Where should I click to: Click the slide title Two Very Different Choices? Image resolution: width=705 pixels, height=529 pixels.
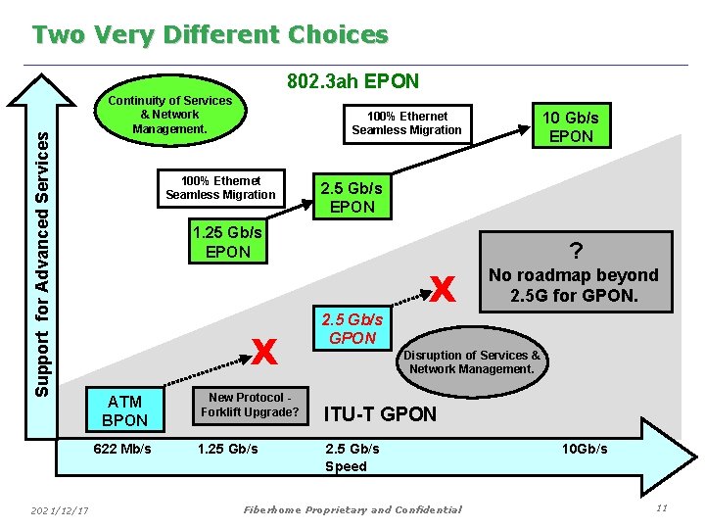tap(210, 35)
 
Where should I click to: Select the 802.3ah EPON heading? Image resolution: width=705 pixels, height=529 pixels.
tap(352, 81)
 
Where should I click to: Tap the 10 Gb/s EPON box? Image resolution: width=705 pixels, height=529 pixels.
tap(571, 126)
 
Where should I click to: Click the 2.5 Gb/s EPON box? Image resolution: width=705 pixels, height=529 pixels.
tap(352, 197)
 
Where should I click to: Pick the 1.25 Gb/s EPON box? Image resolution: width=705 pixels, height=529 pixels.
tap(228, 242)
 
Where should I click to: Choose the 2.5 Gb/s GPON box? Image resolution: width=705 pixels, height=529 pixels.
tap(352, 329)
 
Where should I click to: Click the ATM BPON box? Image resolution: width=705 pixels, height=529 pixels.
tap(124, 410)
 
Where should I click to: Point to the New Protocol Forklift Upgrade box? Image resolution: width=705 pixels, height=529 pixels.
tap(250, 405)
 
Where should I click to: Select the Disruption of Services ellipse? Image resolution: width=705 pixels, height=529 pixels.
tap(472, 361)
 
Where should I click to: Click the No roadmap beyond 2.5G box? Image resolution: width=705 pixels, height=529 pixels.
tap(573, 273)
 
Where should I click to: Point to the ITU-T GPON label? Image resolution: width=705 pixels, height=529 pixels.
tap(380, 414)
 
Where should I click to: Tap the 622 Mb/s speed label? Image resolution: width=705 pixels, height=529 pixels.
tap(122, 449)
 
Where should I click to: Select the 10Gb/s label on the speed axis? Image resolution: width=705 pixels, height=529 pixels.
tap(584, 449)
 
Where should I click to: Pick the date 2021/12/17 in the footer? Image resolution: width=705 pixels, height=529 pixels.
tap(60, 509)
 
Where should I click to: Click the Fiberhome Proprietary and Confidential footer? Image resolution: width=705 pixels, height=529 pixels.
tap(352, 509)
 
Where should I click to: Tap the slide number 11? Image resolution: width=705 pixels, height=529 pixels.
tap(662, 507)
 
